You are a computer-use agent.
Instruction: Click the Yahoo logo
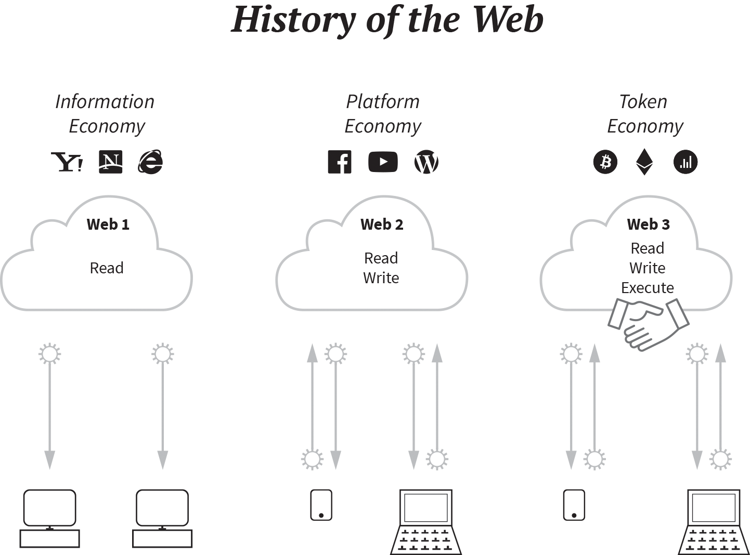[x=67, y=162]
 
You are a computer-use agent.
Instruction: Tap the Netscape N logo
[x=110, y=162]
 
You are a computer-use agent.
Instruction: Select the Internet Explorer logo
[x=150, y=162]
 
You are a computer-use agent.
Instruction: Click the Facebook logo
[x=340, y=162]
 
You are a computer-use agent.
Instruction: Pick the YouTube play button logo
[x=383, y=162]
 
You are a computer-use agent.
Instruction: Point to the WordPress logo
[x=426, y=162]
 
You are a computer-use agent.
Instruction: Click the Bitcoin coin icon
[x=605, y=162]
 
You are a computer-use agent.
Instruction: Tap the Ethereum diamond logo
[x=644, y=162]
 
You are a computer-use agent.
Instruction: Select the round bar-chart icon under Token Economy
[x=686, y=162]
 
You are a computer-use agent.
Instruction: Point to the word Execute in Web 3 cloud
[x=648, y=287]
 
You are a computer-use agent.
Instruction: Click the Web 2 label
[x=382, y=224]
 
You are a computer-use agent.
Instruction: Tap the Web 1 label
[x=108, y=224]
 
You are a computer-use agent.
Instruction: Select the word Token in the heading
[x=643, y=102]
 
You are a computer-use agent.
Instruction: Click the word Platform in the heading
[x=383, y=102]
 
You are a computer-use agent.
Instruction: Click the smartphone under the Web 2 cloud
[x=321, y=505]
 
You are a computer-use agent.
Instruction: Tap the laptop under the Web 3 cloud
[x=714, y=521]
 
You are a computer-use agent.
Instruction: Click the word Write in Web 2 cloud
[x=381, y=278]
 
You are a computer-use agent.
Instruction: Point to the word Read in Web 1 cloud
[x=107, y=268]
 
